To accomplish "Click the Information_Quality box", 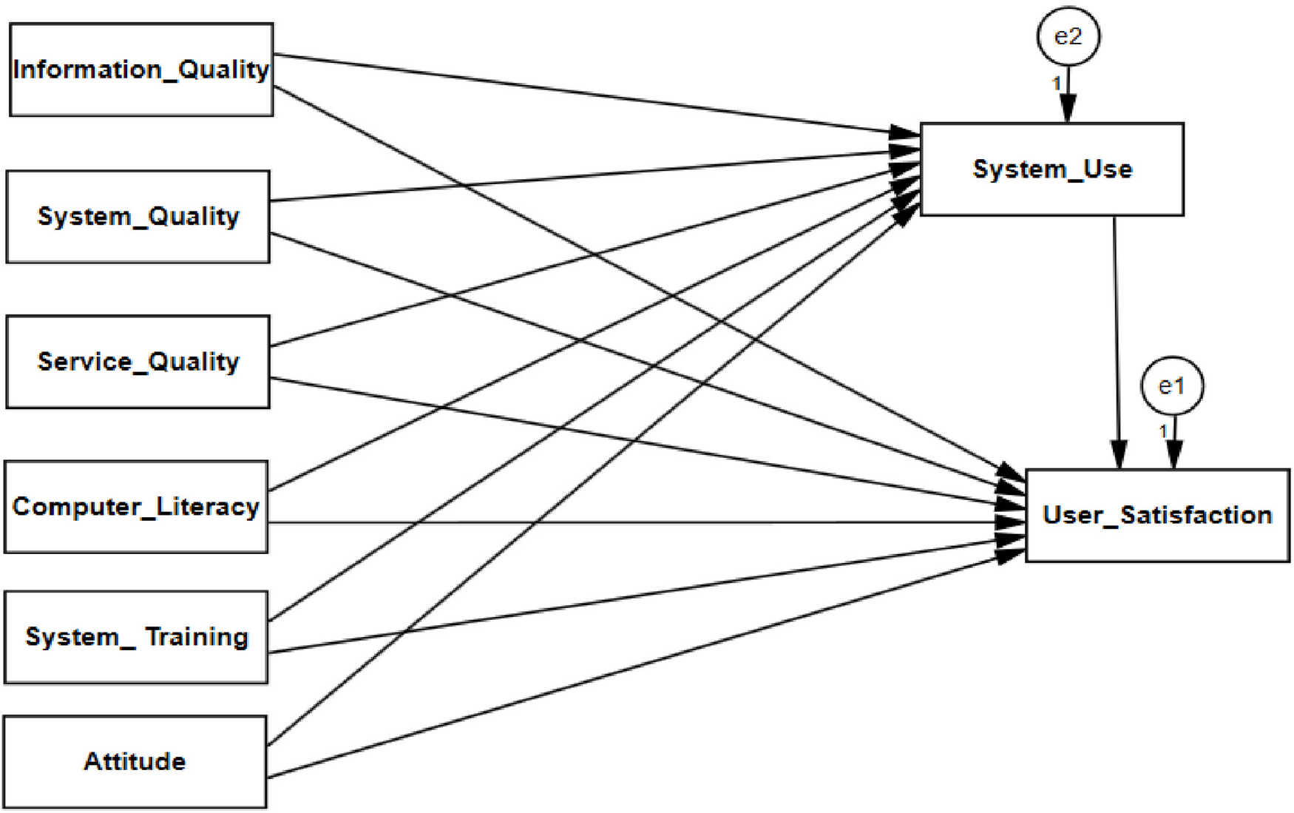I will click(140, 69).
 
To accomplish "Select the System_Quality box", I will click(138, 216).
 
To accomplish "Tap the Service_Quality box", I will click(138, 361).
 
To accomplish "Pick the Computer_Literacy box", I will click(136, 507).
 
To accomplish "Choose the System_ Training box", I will click(136, 636).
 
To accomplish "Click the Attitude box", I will click(135, 761).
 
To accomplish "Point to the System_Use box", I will click(1051, 169).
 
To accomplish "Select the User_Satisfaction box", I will click(1157, 515).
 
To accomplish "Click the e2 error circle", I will click(1068, 36).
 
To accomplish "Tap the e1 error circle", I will click(1172, 385).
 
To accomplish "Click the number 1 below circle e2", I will click(1057, 84).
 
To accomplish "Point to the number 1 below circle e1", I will click(1162, 431).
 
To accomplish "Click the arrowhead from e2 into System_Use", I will click(1068, 109).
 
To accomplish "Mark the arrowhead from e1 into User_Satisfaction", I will click(1173, 454).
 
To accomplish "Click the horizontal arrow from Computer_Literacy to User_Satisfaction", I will click(629, 522).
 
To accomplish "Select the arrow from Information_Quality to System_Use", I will click(592, 94).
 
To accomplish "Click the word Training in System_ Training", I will click(197, 636).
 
